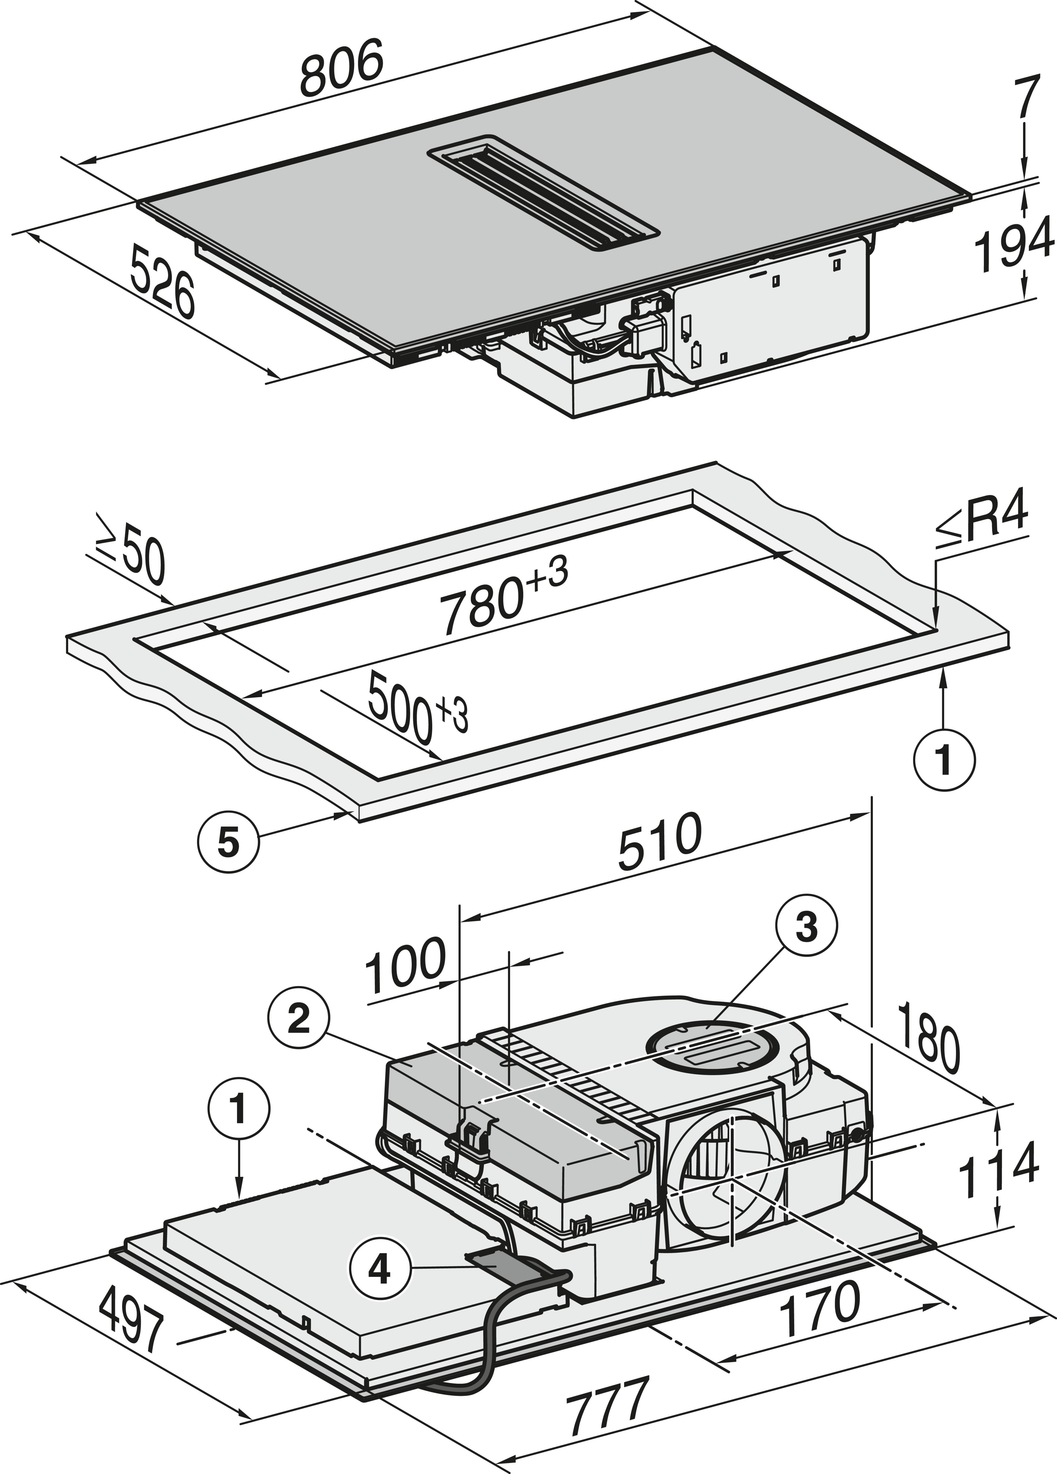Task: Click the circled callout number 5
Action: pos(228,844)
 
